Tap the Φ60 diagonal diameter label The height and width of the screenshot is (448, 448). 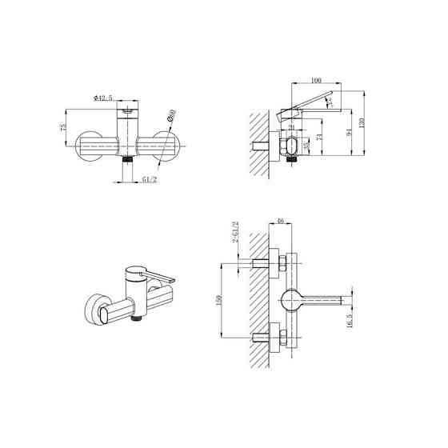170,118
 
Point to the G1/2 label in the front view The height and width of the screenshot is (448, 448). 149,181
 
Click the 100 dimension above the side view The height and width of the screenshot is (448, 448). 316,80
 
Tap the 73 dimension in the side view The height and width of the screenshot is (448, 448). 321,138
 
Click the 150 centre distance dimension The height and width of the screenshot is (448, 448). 217,299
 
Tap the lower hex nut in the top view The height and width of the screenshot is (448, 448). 281,336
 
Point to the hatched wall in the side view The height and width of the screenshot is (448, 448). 258,136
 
